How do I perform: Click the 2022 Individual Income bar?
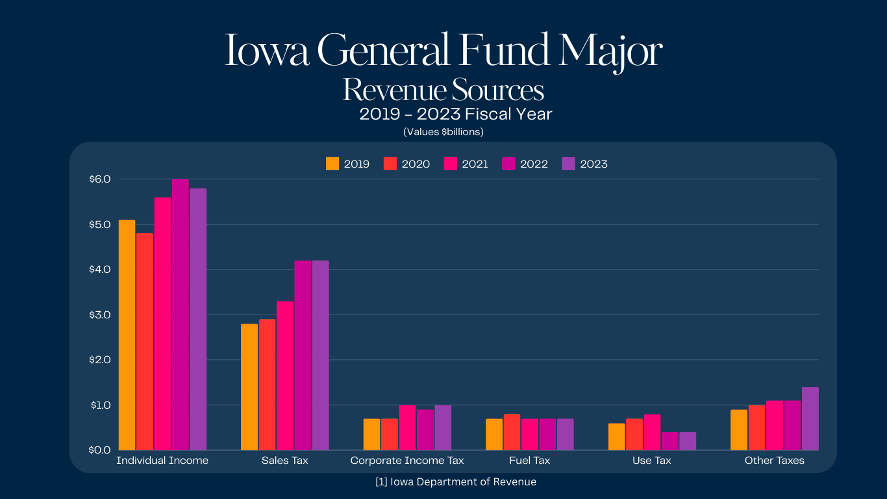(x=181, y=314)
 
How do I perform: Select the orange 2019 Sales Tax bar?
(x=249, y=387)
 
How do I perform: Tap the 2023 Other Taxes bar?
(x=810, y=418)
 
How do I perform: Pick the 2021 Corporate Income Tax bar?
(x=407, y=428)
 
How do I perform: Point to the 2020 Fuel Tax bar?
(x=512, y=432)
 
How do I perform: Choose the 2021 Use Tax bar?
(x=652, y=432)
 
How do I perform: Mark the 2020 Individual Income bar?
(x=145, y=342)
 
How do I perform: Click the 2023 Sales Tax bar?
(x=321, y=355)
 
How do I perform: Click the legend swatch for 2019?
(x=332, y=164)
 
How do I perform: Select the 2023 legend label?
(x=593, y=164)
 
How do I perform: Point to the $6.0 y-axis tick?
(x=100, y=179)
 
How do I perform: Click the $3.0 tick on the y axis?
(x=100, y=314)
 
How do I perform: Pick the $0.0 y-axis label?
(x=100, y=450)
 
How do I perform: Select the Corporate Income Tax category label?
(x=407, y=461)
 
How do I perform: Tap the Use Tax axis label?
(x=652, y=461)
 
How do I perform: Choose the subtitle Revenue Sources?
(x=443, y=90)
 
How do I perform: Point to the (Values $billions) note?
(x=443, y=132)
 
